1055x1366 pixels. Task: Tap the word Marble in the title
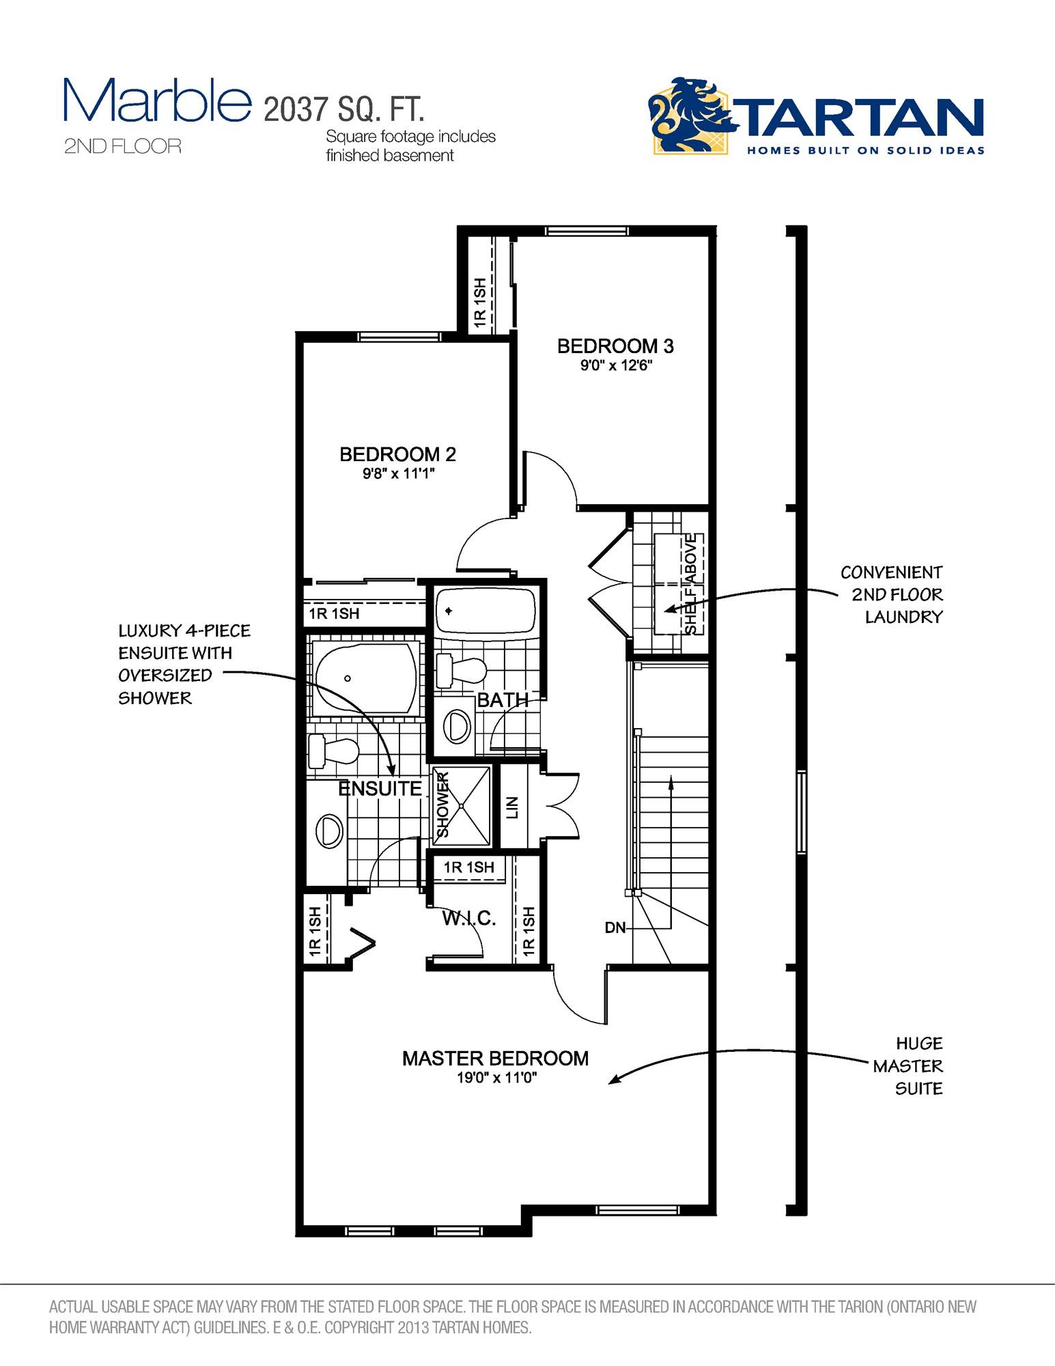pos(156,101)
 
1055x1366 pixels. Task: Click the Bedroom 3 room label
pos(615,346)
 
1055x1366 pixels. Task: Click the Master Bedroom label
pos(495,1059)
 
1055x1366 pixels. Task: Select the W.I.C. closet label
pos(468,918)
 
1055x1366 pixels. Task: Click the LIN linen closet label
pos(514,807)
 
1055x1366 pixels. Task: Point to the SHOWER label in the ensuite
pos(443,805)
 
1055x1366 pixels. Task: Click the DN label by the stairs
pos(615,928)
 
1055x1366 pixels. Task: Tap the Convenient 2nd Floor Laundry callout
pos(891,594)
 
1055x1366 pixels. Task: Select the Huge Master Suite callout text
pos(908,1066)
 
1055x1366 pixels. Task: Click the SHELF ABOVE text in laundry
pos(691,584)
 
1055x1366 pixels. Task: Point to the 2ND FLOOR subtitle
pos(123,146)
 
